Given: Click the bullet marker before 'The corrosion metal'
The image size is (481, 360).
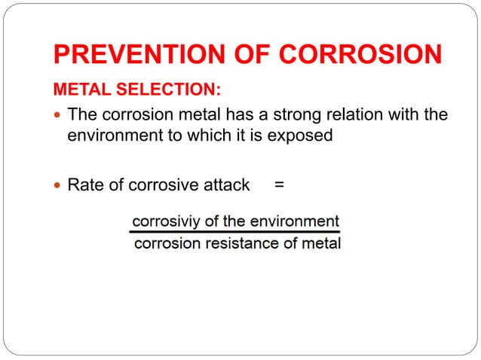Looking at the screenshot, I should [x=59, y=116].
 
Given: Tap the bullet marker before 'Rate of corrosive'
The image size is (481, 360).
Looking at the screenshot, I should [x=59, y=185].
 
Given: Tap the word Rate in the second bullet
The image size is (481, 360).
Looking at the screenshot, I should [x=84, y=185].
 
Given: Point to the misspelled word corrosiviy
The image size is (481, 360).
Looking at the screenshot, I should [x=164, y=222].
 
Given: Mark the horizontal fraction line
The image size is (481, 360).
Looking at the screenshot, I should [x=235, y=233].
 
